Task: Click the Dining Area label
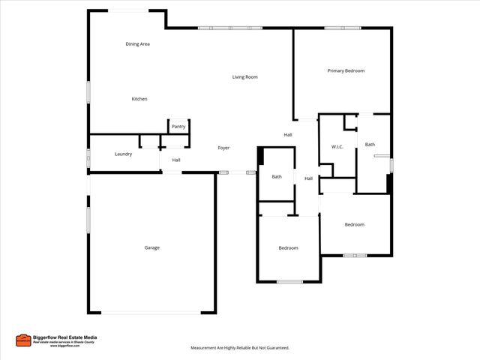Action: click(137, 44)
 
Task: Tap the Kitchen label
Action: click(139, 99)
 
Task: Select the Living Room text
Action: click(244, 77)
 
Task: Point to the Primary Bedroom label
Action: click(346, 70)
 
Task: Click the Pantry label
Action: click(178, 127)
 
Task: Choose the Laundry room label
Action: click(124, 154)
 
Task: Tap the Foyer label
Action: click(223, 148)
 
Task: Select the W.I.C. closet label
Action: click(337, 146)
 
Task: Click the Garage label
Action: click(152, 247)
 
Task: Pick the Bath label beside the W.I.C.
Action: click(370, 144)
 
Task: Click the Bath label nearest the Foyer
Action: click(277, 177)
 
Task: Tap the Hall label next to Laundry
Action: click(175, 160)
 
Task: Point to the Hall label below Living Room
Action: click(287, 135)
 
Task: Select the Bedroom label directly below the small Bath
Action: click(288, 248)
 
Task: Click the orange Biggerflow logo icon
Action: click(22, 340)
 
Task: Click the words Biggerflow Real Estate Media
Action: click(64, 337)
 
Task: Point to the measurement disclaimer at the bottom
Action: click(239, 348)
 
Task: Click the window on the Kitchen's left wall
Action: click(88, 91)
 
